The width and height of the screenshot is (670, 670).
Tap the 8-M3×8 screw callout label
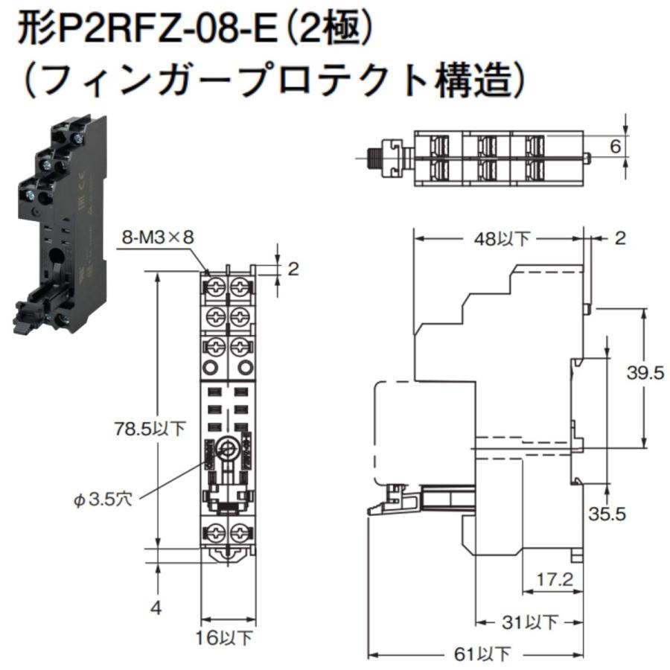tap(158, 237)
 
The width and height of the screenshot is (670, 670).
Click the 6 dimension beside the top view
tap(615, 147)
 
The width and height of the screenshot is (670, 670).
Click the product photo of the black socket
tap(60, 223)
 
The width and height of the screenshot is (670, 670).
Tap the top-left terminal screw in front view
tap(216, 285)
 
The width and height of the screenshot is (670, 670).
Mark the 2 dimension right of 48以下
tap(619, 238)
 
